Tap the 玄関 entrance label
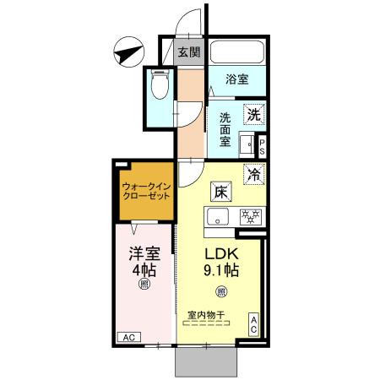pyautogui.click(x=189, y=52)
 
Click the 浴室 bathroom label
pyautogui.click(x=237, y=79)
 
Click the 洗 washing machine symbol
pyautogui.click(x=254, y=112)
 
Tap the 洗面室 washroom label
pyautogui.click(x=226, y=131)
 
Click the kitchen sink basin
pyautogui.click(x=216, y=217)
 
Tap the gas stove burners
pyautogui.click(x=249, y=216)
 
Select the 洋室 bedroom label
pyautogui.click(x=144, y=252)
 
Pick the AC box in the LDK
pyautogui.click(x=252, y=325)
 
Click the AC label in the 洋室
pyautogui.click(x=129, y=338)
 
